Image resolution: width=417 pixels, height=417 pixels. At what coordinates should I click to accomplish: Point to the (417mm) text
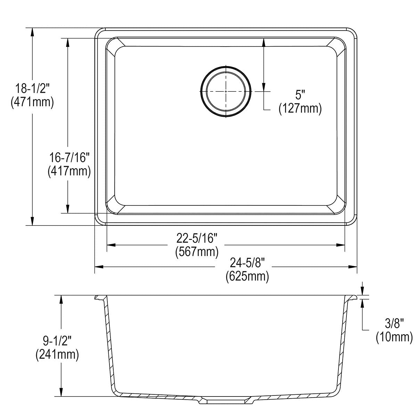click(69, 171)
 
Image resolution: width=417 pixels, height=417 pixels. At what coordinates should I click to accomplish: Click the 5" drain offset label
click(300, 95)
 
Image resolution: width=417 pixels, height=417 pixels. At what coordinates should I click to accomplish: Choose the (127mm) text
click(300, 108)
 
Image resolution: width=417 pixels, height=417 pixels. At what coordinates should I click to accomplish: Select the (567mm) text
click(197, 251)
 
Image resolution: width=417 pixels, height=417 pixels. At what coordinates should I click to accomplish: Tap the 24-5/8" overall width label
click(247, 263)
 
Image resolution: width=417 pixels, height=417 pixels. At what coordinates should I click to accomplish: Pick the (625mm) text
click(247, 277)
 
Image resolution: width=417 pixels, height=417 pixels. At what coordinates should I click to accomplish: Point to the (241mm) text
click(57, 354)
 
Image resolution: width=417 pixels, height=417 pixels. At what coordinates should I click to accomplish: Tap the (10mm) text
click(394, 337)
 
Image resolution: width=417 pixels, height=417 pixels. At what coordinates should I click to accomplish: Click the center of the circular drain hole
click(226, 91)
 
